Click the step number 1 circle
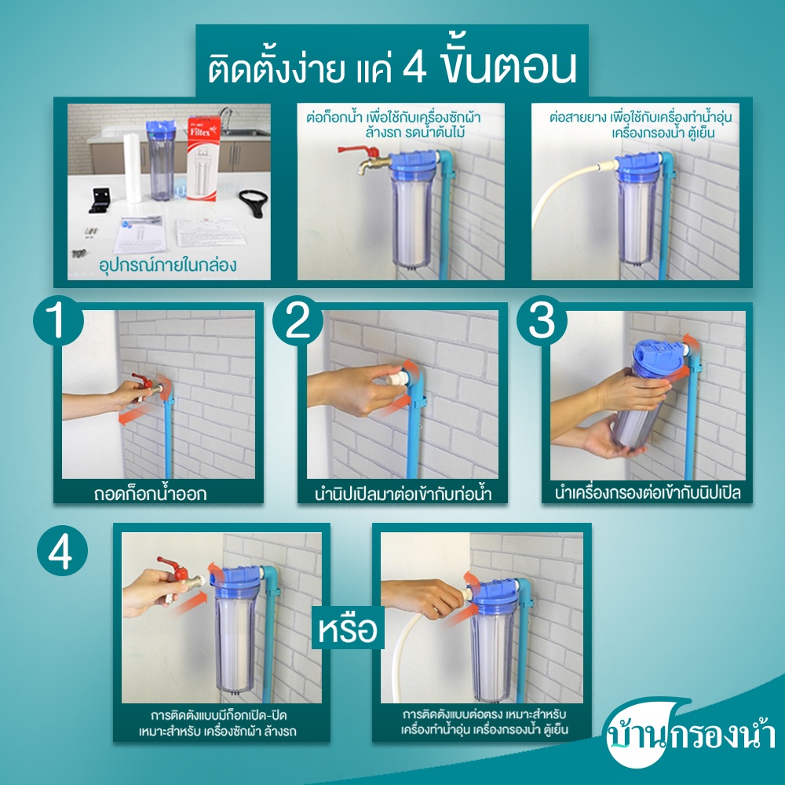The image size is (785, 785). point(58,320)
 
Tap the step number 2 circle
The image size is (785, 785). point(298,320)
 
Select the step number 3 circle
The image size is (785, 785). point(542,320)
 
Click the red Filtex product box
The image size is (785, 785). point(203,159)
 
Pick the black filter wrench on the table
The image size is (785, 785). point(254,203)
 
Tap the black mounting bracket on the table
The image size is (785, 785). point(101,199)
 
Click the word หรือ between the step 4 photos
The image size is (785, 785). point(348,628)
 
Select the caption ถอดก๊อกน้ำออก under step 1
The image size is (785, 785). point(150,494)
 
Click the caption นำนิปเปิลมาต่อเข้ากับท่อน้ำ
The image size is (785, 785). point(403,494)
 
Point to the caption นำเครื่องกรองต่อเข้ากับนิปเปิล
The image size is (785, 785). point(647,493)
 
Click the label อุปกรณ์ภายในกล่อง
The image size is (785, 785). point(168,265)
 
